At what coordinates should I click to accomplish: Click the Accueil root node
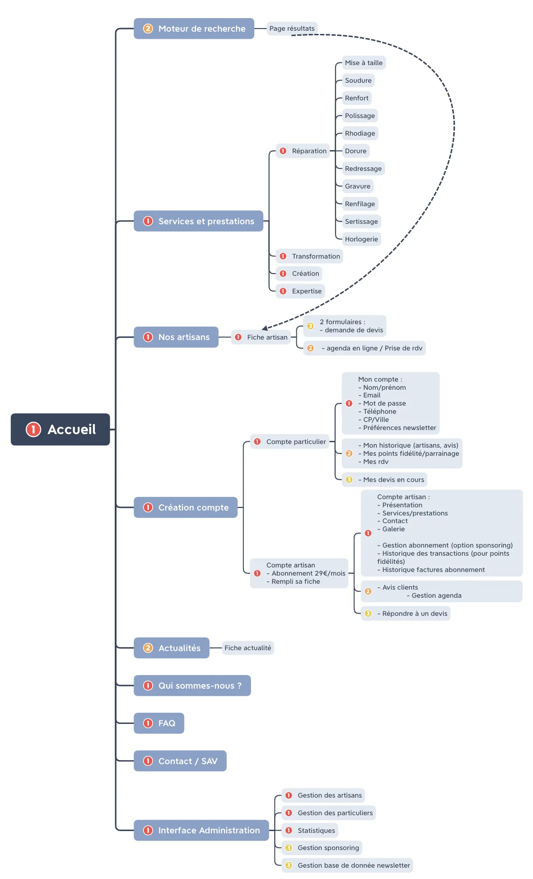pyautogui.click(x=60, y=429)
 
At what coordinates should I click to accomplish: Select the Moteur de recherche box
pyautogui.click(x=194, y=28)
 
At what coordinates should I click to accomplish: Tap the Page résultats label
pyautogui.click(x=292, y=28)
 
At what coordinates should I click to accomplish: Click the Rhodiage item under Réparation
pyautogui.click(x=360, y=133)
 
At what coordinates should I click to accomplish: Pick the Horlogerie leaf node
pyautogui.click(x=361, y=239)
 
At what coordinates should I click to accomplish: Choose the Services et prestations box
pyautogui.click(x=198, y=221)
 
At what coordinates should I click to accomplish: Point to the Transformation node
pyautogui.click(x=309, y=256)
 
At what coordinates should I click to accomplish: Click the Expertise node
pyautogui.click(x=300, y=291)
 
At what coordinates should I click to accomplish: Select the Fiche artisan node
pyautogui.click(x=261, y=337)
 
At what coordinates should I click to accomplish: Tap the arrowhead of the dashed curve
pyautogui.click(x=265, y=328)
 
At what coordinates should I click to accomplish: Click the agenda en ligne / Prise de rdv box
pyautogui.click(x=365, y=348)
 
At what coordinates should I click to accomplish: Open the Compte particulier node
pyautogui.click(x=290, y=442)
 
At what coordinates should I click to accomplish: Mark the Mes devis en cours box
pyautogui.click(x=385, y=480)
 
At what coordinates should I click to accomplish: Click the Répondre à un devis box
pyautogui.click(x=406, y=614)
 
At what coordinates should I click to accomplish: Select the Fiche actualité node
pyautogui.click(x=248, y=648)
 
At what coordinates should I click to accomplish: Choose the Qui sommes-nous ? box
pyautogui.click(x=192, y=685)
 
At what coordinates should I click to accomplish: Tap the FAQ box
pyautogui.click(x=159, y=723)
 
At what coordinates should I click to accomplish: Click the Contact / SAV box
pyautogui.click(x=180, y=761)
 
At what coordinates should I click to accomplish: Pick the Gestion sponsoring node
pyautogui.click(x=322, y=848)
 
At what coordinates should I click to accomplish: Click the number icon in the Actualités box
pyautogui.click(x=148, y=648)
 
